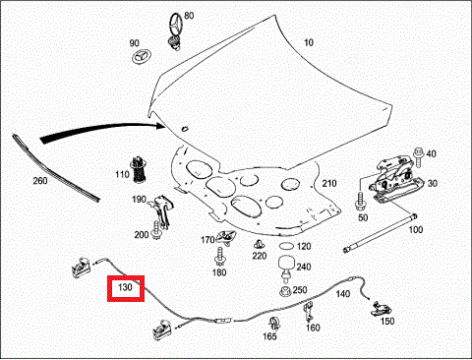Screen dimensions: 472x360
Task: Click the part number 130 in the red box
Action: [x=125, y=287]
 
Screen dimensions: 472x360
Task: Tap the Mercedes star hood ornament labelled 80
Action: [x=175, y=31]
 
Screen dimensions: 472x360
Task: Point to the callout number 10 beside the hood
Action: [x=309, y=42]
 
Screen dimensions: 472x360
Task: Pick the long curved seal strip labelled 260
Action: [x=54, y=168]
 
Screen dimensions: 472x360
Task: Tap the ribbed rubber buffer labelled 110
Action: [x=139, y=170]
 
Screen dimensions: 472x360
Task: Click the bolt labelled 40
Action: [x=419, y=157]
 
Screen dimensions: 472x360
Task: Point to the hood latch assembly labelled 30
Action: [x=395, y=179]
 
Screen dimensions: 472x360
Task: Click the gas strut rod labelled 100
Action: [x=381, y=233]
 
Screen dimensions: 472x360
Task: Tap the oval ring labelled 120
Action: [x=287, y=246]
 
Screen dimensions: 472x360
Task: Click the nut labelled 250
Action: [x=285, y=291]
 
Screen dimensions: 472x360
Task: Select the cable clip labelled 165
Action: [x=274, y=324]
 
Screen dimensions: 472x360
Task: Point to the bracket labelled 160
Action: [x=308, y=312]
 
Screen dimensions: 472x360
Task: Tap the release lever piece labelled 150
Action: [x=382, y=308]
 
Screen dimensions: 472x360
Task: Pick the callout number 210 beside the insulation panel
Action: [x=329, y=183]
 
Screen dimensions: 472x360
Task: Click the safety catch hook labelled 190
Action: [x=161, y=210]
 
